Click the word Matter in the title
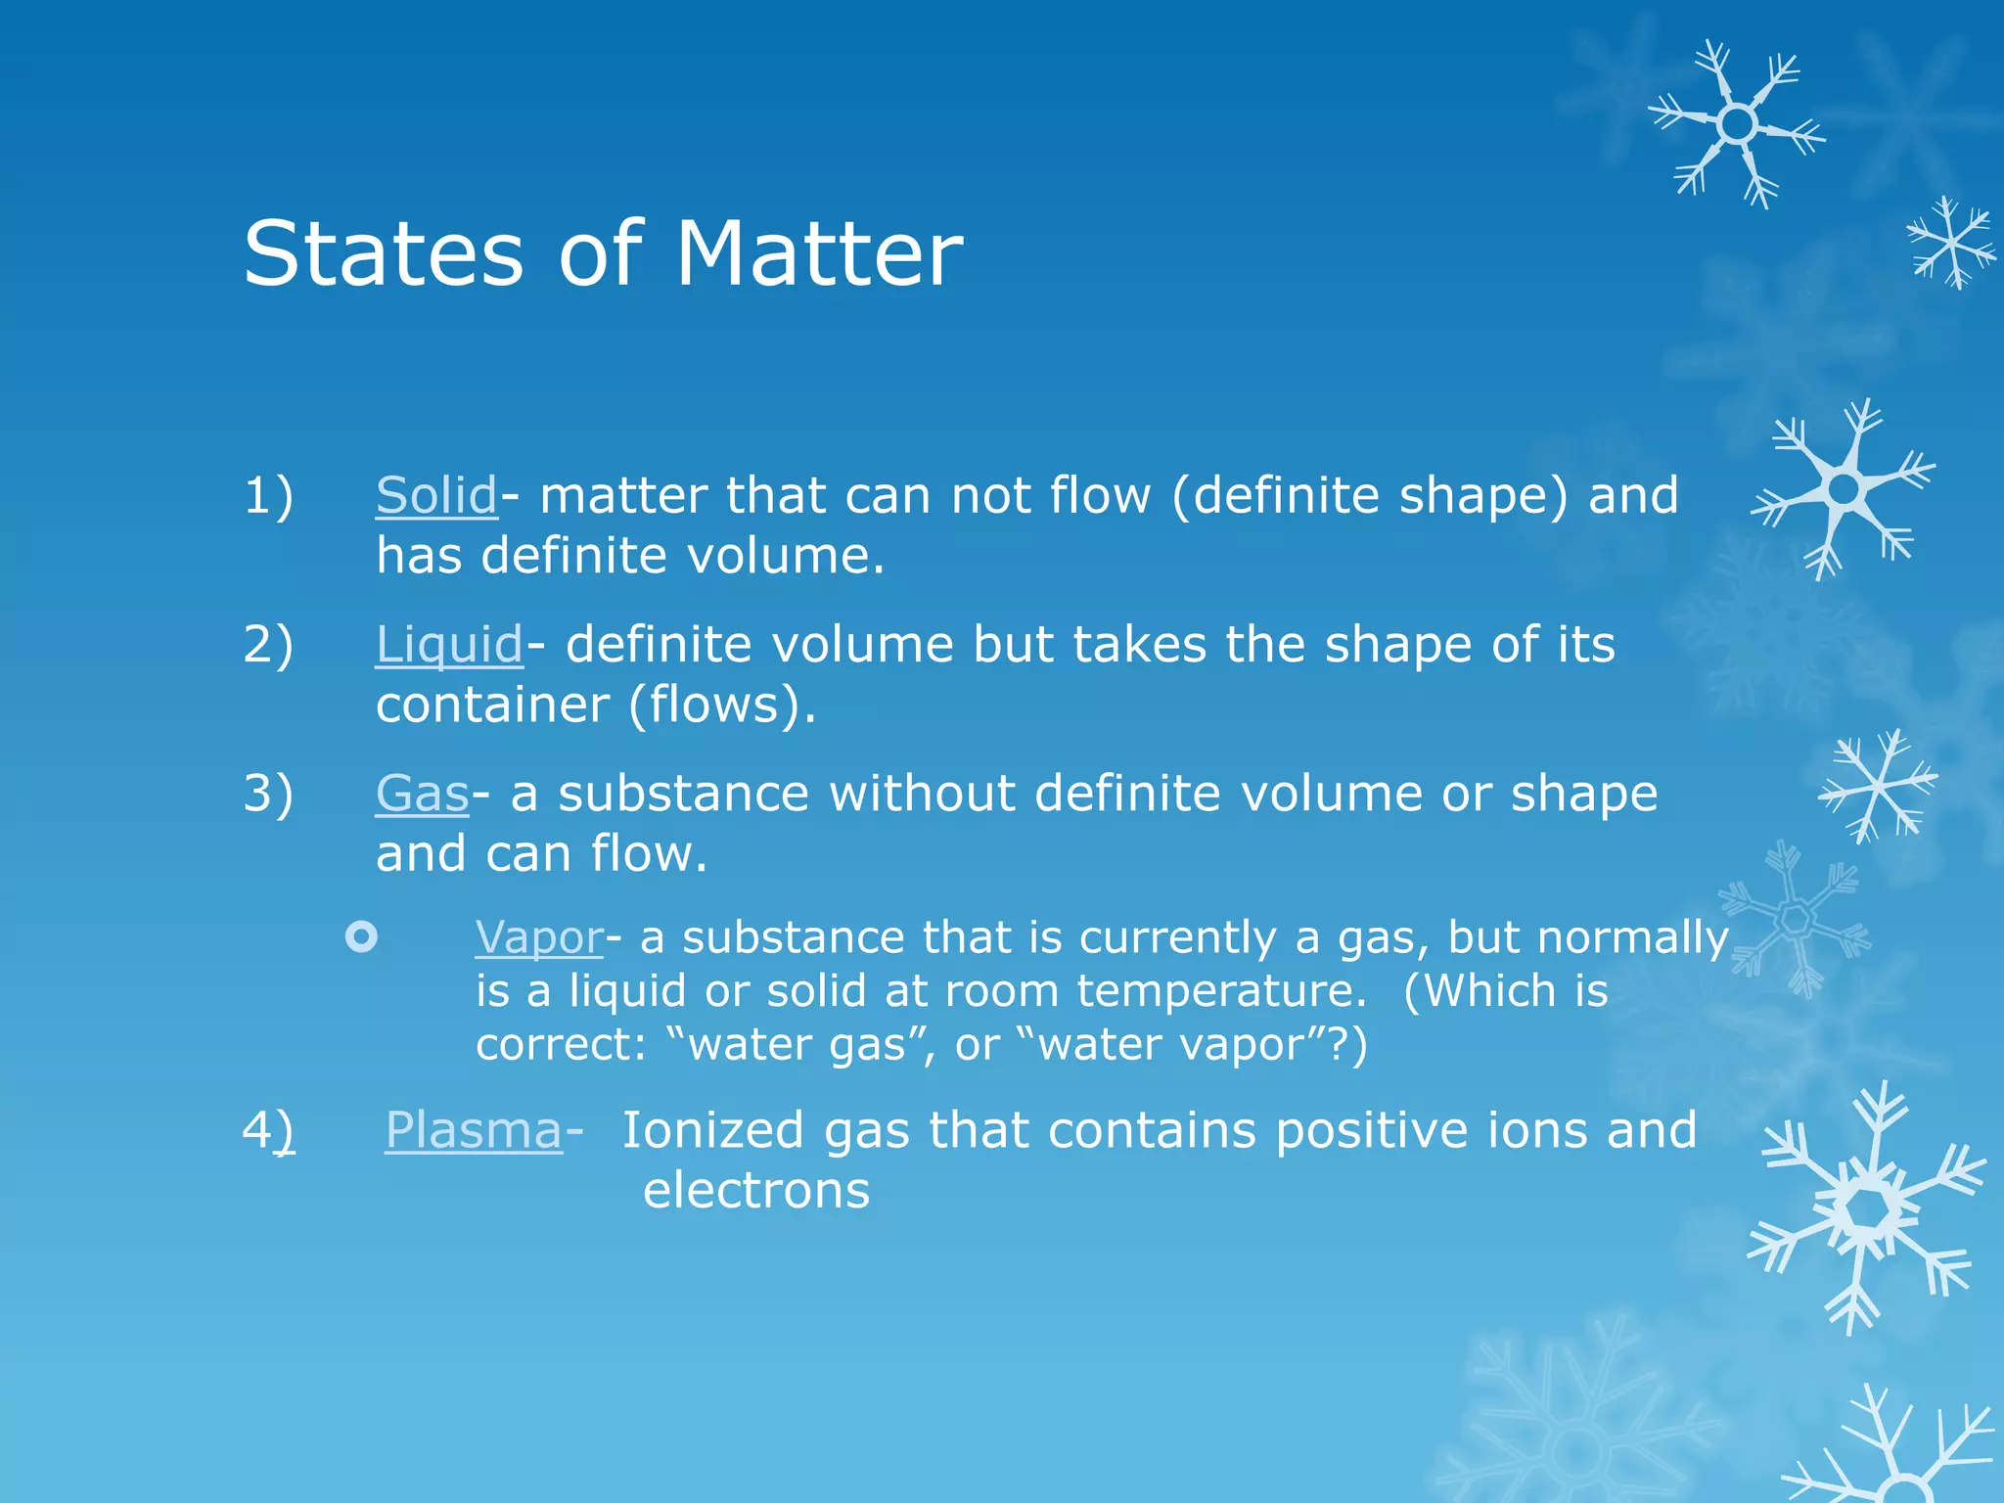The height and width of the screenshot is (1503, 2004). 819,254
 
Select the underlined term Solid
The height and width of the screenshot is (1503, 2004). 436,495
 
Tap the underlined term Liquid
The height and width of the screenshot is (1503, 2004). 449,645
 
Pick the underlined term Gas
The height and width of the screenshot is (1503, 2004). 423,794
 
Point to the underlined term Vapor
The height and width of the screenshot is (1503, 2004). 539,937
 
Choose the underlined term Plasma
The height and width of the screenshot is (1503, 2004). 474,1130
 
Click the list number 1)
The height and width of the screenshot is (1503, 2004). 268,495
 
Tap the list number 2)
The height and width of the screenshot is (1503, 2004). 268,645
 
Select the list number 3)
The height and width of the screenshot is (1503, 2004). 268,794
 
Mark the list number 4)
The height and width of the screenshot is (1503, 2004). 268,1130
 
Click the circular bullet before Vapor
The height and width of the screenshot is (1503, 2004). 361,937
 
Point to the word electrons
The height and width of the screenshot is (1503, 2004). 756,1191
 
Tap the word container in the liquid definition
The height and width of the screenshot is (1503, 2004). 493,705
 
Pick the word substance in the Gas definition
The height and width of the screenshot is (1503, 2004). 683,794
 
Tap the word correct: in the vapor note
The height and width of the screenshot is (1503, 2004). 561,1045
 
